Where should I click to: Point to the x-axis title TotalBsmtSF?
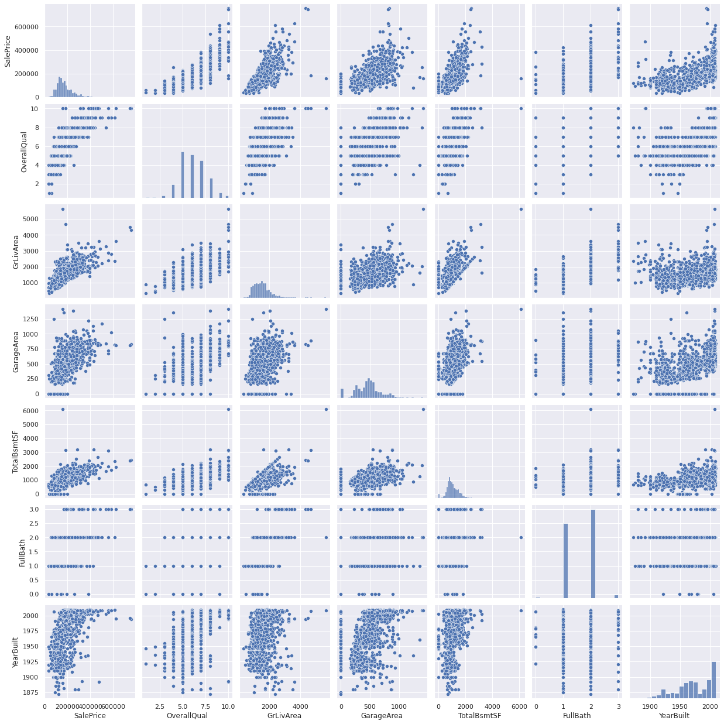click(x=479, y=715)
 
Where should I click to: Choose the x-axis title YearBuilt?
click(x=674, y=715)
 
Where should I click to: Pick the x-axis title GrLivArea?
click(x=284, y=715)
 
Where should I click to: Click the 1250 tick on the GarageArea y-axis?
click(x=31, y=319)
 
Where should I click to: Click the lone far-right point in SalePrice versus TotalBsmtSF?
click(x=521, y=78)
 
